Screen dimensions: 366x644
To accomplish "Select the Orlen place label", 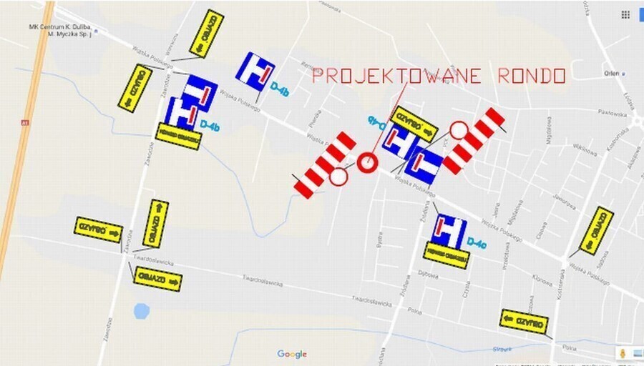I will pos(610,73).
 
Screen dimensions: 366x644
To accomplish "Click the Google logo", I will pos(292,354).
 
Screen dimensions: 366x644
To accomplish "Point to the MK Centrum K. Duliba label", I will pos(61,30).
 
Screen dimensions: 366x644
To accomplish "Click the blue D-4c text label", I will pos(477,244).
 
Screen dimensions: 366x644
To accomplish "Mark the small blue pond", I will pos(142,311).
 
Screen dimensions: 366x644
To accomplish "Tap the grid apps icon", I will pos(625,14).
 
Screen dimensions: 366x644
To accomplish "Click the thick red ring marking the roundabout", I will pos(368,162).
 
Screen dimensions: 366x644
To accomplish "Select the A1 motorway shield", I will pos(24,122).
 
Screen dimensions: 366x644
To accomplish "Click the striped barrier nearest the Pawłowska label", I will pos(474,140).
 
